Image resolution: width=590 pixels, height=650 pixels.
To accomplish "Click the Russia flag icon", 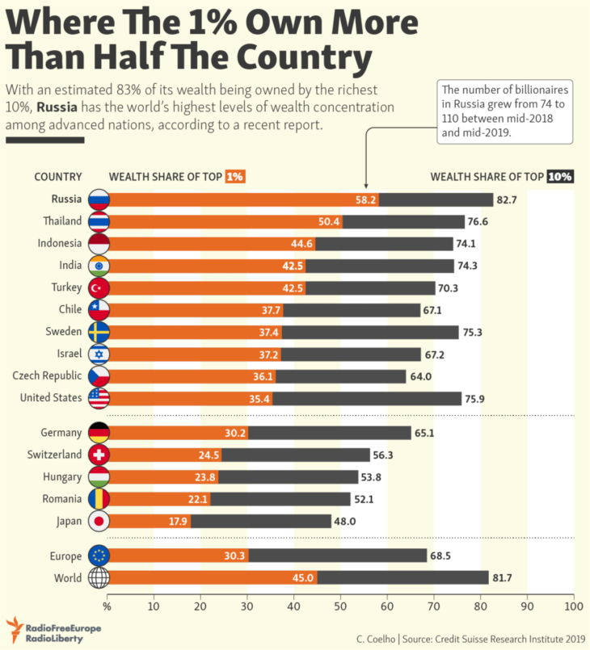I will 99,199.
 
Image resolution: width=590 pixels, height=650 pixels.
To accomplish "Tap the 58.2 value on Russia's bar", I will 366,199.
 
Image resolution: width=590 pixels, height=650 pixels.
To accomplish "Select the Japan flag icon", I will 99,521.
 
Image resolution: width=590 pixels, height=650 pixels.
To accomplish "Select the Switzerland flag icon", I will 99,455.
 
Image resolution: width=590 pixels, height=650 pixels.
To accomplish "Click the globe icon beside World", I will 99,577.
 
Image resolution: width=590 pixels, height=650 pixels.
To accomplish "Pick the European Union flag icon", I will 99,556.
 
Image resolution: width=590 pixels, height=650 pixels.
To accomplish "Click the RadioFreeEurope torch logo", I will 15,629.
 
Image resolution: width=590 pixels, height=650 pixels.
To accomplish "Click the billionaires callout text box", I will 504,111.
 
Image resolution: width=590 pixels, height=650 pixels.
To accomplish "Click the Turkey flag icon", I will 99,287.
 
